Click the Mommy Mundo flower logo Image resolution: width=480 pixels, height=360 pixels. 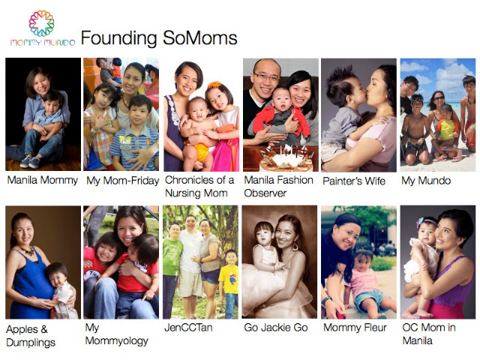tap(42, 23)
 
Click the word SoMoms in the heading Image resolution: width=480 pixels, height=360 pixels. tap(200, 38)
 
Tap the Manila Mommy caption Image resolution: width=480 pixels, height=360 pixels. tap(43, 180)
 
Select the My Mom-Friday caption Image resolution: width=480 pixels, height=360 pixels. tap(123, 181)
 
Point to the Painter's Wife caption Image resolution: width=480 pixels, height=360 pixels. tap(354, 181)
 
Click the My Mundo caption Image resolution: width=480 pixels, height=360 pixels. tap(426, 181)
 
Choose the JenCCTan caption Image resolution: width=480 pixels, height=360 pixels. tap(188, 328)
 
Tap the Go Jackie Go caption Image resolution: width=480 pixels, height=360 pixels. tap(276, 328)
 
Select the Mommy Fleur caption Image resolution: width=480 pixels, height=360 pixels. tap(355, 328)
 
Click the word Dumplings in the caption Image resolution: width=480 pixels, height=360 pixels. tap(31, 343)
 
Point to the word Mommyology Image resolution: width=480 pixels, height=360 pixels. tap(117, 340)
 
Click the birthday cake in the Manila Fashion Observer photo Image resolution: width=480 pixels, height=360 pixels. tap(286, 159)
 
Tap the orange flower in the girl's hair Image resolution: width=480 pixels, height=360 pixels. tap(214, 84)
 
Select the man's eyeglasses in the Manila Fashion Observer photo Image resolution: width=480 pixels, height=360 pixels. tap(266, 76)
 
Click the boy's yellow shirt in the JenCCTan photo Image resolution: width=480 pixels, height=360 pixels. tap(229, 279)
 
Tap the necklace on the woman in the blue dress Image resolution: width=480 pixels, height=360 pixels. tap(28, 250)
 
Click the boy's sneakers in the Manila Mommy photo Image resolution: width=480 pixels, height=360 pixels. tap(31, 162)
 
